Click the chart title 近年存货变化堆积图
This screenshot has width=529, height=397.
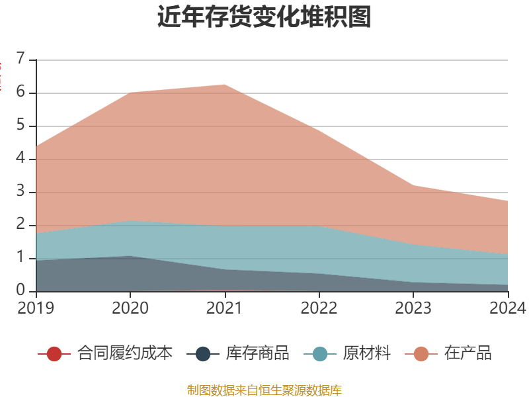click(264, 17)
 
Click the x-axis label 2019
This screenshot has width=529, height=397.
click(36, 308)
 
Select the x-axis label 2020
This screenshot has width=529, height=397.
click(130, 308)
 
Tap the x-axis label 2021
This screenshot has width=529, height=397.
click(225, 308)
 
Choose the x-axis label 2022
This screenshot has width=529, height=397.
click(319, 308)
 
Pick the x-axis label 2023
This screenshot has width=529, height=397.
click(413, 308)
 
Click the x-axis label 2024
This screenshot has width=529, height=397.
click(507, 308)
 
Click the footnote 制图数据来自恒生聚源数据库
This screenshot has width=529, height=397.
click(264, 390)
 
